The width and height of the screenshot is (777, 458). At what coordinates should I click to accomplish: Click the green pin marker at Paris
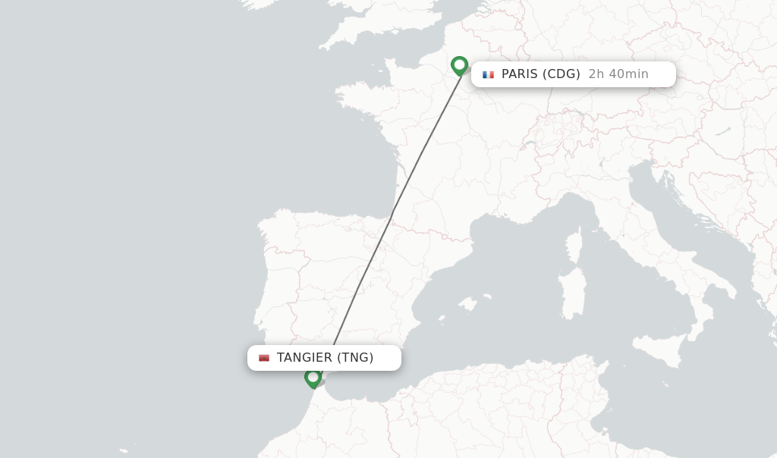click(459, 65)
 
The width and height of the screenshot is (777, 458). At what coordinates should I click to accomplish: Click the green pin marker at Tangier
click(313, 377)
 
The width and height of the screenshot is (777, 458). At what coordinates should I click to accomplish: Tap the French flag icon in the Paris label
click(488, 74)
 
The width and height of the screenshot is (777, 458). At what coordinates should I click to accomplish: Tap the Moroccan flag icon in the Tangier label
click(264, 358)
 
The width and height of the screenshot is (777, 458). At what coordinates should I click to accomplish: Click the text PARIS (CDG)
click(540, 74)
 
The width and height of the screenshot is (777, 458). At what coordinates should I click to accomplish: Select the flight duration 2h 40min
click(618, 74)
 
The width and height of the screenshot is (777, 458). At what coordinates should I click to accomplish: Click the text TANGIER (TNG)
click(325, 358)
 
